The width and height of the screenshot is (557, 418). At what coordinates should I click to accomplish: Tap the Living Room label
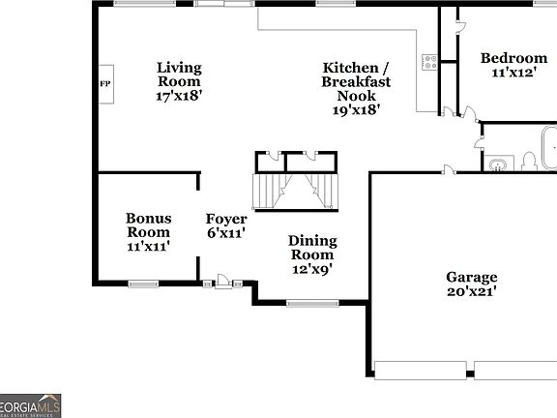pyautogui.click(x=179, y=75)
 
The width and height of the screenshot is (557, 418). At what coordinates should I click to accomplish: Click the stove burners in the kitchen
pyautogui.click(x=428, y=63)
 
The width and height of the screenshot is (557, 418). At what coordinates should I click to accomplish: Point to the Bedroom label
pyautogui.click(x=513, y=58)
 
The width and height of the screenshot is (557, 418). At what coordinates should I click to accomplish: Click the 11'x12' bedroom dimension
pyautogui.click(x=513, y=73)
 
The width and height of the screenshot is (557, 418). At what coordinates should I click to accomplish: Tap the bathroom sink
pyautogui.click(x=499, y=164)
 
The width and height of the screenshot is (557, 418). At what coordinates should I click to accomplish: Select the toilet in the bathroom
pyautogui.click(x=529, y=162)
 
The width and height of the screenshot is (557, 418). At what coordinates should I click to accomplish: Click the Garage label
pyautogui.click(x=471, y=277)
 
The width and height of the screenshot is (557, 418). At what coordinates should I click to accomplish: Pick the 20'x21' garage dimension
pyautogui.click(x=471, y=291)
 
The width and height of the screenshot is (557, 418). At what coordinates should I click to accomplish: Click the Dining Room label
pyautogui.click(x=313, y=248)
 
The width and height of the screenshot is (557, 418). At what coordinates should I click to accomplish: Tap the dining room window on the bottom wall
pyautogui.click(x=312, y=304)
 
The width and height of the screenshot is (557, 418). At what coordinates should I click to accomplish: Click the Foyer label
pyautogui.click(x=225, y=219)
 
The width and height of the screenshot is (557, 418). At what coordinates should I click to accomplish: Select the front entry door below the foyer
pyautogui.click(x=224, y=282)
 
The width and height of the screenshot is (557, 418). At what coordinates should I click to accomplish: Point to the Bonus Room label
pyautogui.click(x=148, y=225)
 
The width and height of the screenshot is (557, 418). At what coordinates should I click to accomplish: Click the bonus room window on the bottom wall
pyautogui.click(x=143, y=284)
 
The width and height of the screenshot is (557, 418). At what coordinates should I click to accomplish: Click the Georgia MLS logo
pyautogui.click(x=30, y=404)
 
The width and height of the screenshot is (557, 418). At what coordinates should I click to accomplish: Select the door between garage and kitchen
pyautogui.click(x=449, y=170)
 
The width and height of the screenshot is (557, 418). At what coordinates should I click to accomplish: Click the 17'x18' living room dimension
pyautogui.click(x=179, y=96)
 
